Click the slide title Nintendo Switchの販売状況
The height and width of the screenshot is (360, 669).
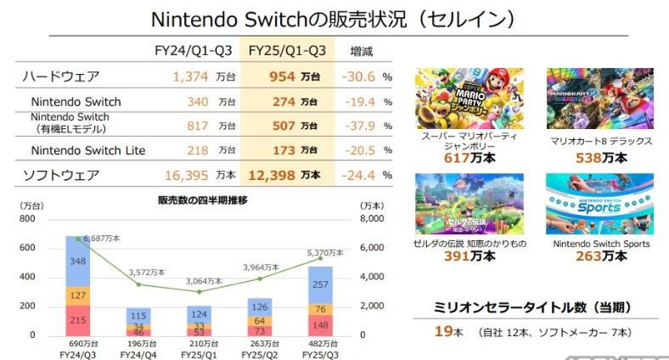pos(334,19)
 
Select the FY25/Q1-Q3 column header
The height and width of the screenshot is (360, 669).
pos(287,51)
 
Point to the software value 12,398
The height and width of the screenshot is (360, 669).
pos(272,175)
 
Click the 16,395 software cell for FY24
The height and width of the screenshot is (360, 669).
pos(183,175)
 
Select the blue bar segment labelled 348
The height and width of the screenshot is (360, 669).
pos(78,261)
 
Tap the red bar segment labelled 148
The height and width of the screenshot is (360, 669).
pos(320,323)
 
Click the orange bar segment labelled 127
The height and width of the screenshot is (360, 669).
pos(78,295)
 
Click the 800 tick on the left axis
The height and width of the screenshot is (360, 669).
pos(26,219)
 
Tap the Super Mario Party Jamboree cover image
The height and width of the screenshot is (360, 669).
pos(469,98)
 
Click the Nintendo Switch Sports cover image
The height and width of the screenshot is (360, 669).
pos(599,204)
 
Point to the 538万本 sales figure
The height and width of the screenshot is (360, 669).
pos(599,157)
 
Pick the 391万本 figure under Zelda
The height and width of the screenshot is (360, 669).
pos(469,256)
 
